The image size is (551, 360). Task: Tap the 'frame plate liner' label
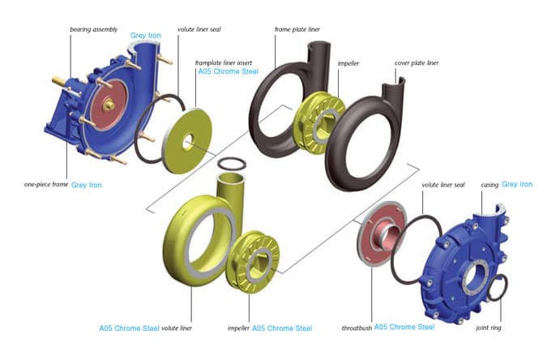(297, 29)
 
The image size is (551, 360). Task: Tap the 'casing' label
(490, 185)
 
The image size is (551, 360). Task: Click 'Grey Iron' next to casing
(517, 185)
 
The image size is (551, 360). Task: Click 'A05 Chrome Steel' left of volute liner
(129, 328)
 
